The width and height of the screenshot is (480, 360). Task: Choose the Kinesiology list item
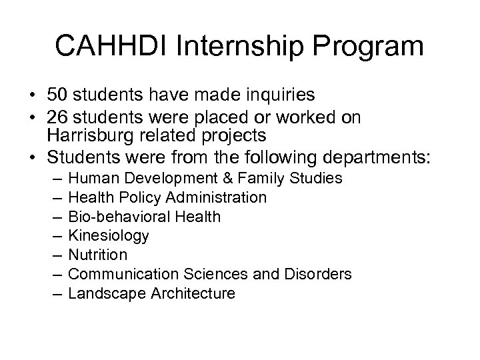tap(109, 236)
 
